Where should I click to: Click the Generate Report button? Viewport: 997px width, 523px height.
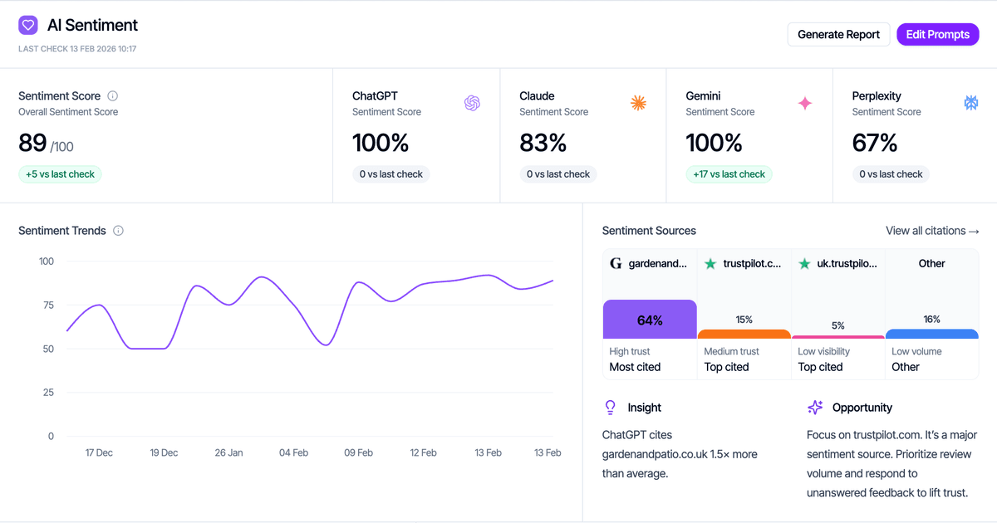coord(838,34)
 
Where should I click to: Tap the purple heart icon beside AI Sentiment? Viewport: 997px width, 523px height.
coord(28,26)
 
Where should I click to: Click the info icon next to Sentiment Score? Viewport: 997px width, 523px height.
coord(113,95)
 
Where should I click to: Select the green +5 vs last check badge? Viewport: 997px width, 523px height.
coord(60,174)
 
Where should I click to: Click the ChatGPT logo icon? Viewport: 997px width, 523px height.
coord(472,103)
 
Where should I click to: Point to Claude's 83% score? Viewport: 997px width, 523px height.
coord(543,143)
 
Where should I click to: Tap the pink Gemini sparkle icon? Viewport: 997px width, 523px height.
coord(804,103)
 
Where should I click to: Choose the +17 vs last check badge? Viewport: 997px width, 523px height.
coord(729,174)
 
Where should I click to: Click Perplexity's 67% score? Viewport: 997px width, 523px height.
coord(875,143)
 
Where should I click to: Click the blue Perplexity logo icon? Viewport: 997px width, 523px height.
coord(970,103)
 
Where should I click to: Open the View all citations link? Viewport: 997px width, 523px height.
coord(932,231)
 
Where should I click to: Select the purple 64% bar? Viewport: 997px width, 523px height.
coord(650,320)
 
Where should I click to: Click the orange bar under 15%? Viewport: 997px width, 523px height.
coord(744,334)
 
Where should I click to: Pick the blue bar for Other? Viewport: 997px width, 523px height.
coord(931,334)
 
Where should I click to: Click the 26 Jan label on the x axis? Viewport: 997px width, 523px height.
coord(228,452)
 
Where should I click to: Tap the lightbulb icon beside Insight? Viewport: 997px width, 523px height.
coord(611,408)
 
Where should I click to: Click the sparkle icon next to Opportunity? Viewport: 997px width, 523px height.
coord(815,408)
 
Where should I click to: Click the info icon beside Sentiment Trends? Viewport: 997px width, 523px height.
coord(118,231)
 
